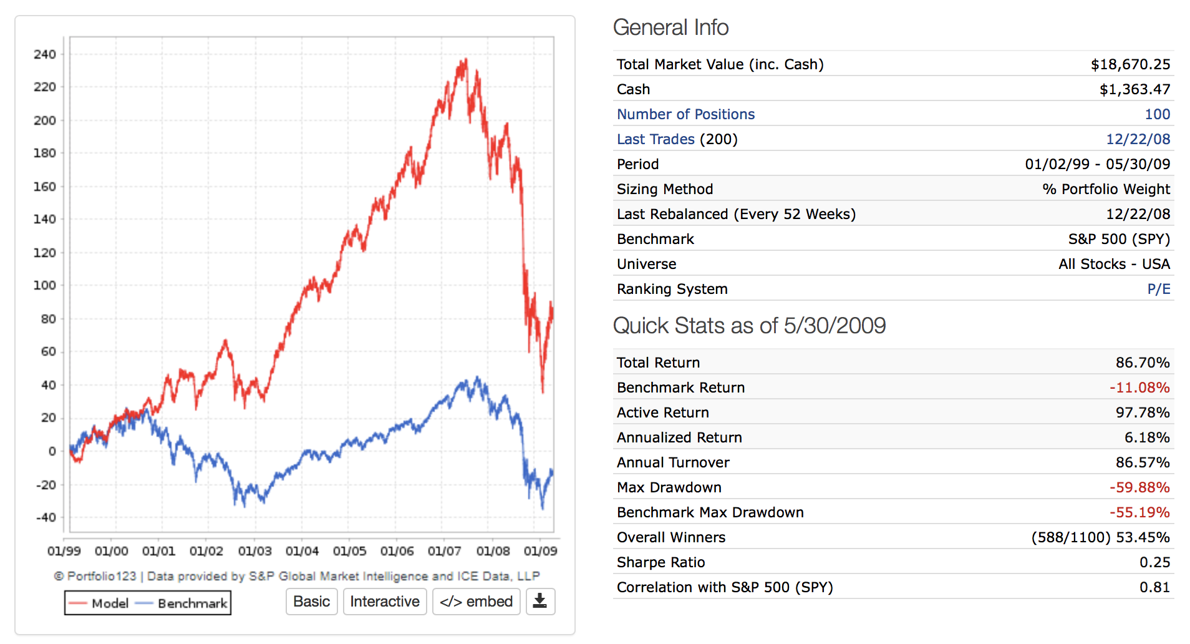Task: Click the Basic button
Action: [x=311, y=602]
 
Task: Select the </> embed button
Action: [x=476, y=602]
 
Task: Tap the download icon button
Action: [x=540, y=602]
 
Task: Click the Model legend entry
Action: [x=99, y=603]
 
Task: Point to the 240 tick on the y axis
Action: [x=45, y=54]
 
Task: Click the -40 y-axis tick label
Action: [x=46, y=517]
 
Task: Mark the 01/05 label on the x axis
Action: [x=349, y=551]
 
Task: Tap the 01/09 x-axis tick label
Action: [x=540, y=551]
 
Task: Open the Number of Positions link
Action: [x=685, y=114]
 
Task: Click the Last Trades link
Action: [x=655, y=139]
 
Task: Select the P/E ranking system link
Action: [x=1158, y=289]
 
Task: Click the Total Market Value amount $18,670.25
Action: [x=1130, y=64]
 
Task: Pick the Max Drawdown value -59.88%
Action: [x=1139, y=487]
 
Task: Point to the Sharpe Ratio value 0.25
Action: [x=1154, y=562]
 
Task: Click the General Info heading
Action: [x=670, y=27]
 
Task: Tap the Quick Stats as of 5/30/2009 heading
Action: [x=749, y=326]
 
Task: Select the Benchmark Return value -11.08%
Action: [x=1139, y=388]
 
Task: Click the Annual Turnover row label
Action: [x=673, y=462]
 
